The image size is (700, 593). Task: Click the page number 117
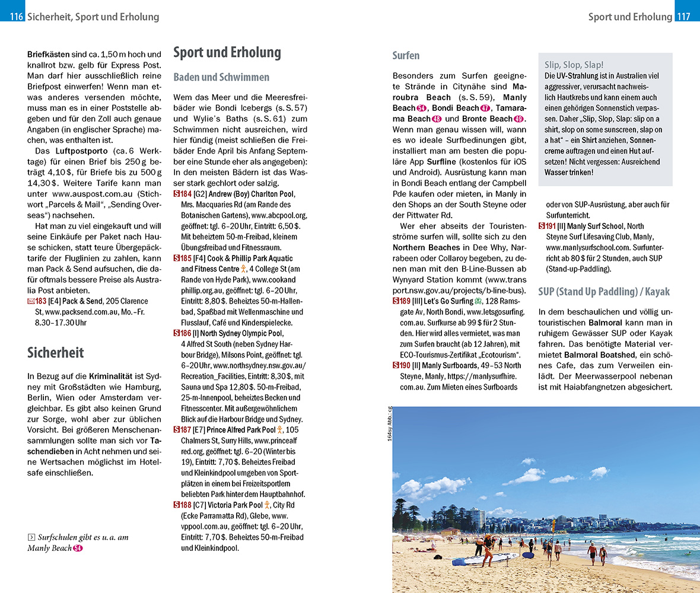point(684,17)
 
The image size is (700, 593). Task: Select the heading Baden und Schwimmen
point(221,78)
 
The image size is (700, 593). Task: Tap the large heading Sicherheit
point(55,353)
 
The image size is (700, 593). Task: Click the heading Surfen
point(406,56)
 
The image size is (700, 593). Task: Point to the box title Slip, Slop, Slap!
point(574,65)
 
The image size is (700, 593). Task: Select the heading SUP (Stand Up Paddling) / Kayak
point(604,291)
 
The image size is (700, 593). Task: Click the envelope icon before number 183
point(31,301)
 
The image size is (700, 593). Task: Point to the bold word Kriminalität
point(112,377)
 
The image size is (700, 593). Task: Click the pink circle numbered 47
point(485,108)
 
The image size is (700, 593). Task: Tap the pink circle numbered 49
point(520,119)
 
